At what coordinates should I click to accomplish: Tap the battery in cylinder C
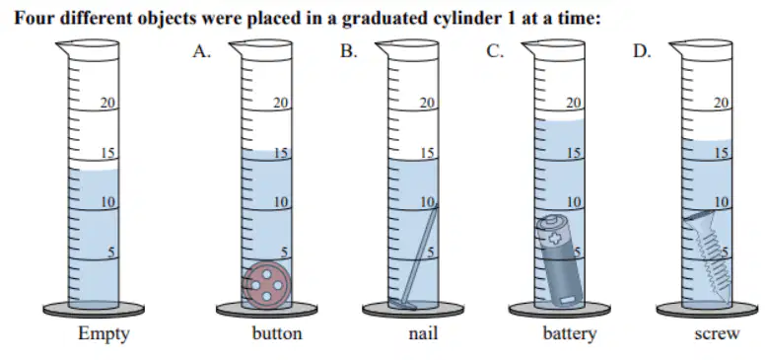point(560,261)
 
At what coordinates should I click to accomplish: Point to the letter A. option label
point(201,51)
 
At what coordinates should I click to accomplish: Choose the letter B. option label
point(348,51)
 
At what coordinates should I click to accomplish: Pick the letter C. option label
point(494,51)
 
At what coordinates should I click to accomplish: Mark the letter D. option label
point(642,51)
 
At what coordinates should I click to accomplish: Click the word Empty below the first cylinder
point(104,334)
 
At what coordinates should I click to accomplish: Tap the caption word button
point(277,333)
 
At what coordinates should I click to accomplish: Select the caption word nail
point(423,333)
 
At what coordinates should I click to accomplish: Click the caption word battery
point(570,334)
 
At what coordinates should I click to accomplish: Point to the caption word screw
point(717,334)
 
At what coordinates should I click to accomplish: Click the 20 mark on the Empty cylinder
point(107,103)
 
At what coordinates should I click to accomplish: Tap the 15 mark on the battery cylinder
point(574,153)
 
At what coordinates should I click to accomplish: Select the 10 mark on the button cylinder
point(281,202)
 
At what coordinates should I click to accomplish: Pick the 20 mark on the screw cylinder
point(721,103)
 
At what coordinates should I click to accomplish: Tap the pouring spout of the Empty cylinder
point(63,47)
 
